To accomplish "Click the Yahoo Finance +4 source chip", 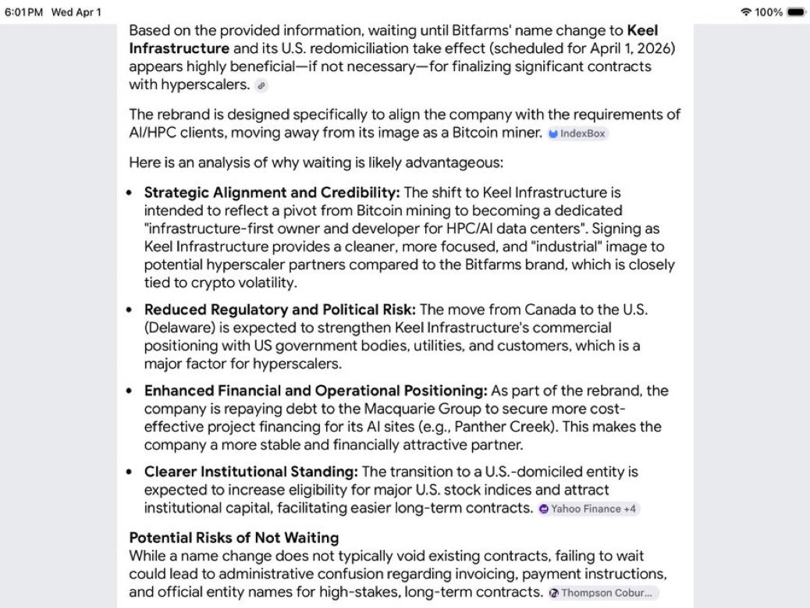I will coord(589,509).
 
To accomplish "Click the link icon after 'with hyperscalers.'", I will coord(261,85).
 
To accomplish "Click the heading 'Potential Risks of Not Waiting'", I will coord(234,538).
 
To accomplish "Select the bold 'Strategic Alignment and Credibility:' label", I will coord(272,193).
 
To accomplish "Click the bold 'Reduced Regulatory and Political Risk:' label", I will coord(280,309).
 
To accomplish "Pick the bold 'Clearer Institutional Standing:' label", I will coord(250,471).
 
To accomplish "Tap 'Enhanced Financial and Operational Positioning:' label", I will coord(315,390).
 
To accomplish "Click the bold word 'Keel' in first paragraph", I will coord(642,31).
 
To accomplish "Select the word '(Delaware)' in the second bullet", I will coord(177,327).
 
